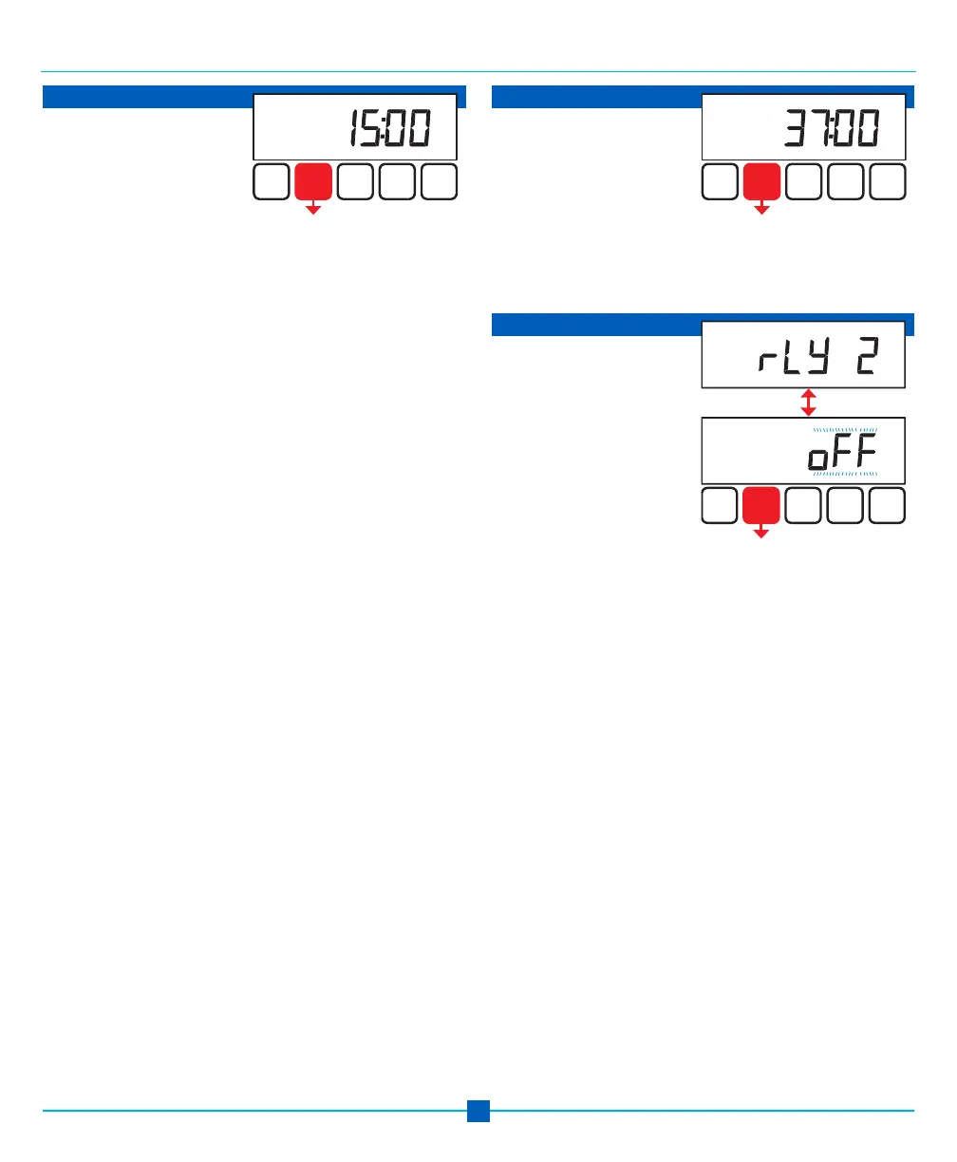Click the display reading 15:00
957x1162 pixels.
(x=355, y=126)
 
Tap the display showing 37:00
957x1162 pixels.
(x=803, y=126)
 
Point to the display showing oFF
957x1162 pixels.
(x=803, y=451)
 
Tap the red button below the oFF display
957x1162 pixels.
(x=761, y=506)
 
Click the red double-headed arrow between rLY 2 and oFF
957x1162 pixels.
(x=808, y=402)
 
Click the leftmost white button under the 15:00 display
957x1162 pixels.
(x=272, y=181)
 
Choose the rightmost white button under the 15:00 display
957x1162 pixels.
(x=440, y=181)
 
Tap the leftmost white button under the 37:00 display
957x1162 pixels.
(x=720, y=181)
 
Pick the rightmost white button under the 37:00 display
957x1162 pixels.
(x=888, y=181)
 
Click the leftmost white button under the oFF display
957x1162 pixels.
(x=720, y=506)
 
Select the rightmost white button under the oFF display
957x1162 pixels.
(x=888, y=506)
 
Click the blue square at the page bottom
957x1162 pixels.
(x=478, y=1111)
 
